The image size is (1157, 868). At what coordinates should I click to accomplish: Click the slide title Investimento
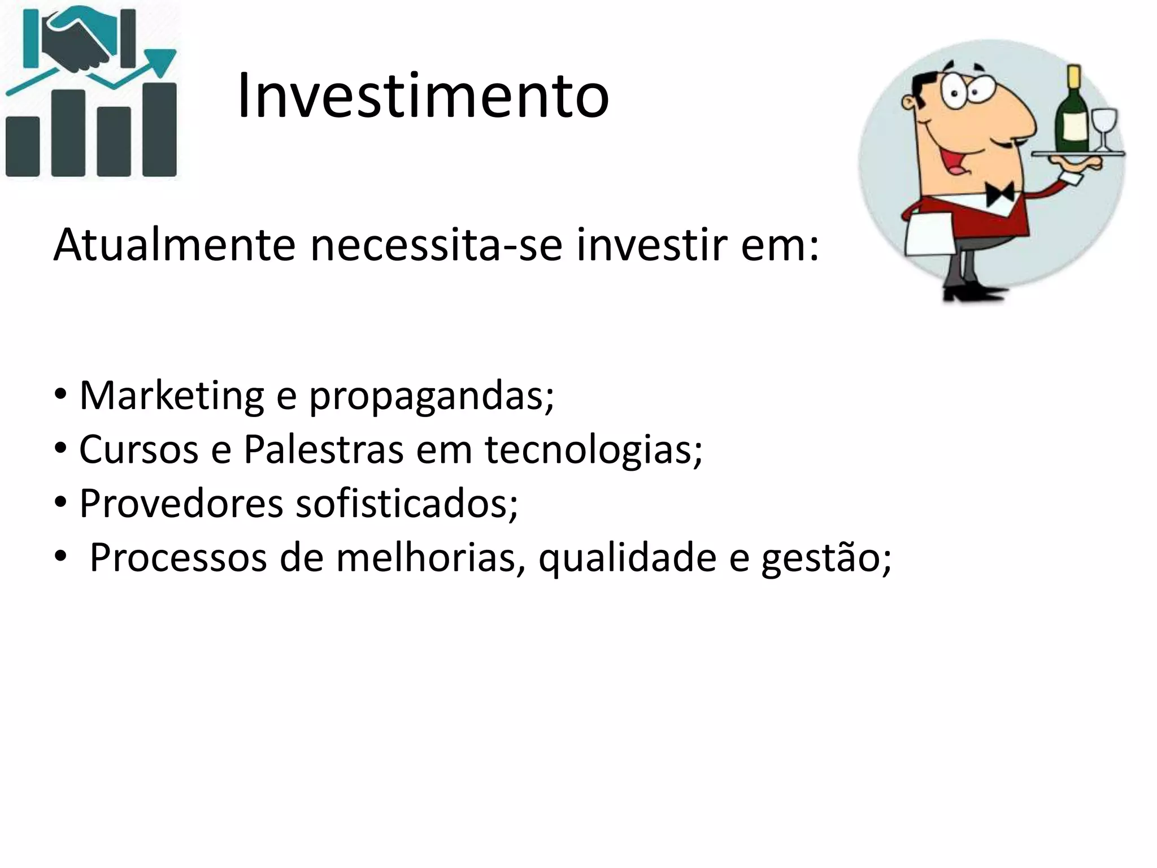tap(423, 96)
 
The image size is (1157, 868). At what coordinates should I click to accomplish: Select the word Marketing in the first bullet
tap(171, 396)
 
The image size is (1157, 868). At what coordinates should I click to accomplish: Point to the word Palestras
tap(323, 450)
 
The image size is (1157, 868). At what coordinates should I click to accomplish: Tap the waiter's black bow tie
tap(999, 194)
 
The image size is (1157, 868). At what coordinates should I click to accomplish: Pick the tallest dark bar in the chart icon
tap(159, 130)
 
